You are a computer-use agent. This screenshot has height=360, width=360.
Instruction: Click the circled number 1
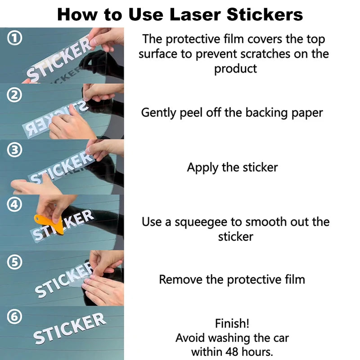point(14,38)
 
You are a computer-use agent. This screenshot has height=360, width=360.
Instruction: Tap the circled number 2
point(14,95)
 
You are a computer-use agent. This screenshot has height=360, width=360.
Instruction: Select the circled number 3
point(14,150)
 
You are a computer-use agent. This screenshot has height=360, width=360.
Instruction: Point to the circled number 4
point(14,204)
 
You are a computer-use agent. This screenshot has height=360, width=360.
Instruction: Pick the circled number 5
point(14,262)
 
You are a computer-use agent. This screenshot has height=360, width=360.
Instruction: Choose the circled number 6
point(14,317)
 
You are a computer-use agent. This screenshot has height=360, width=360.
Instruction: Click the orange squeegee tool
point(52,223)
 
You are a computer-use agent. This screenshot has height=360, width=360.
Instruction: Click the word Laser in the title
point(195,14)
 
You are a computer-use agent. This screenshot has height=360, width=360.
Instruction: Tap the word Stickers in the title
point(265,14)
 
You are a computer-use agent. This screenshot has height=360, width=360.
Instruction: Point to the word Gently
point(158,113)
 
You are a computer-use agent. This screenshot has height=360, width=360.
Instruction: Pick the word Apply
point(202,168)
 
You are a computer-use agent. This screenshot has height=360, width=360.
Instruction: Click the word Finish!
point(232,323)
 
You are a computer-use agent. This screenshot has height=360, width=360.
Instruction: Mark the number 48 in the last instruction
point(232,352)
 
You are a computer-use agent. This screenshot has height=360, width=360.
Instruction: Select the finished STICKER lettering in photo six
point(70,328)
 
